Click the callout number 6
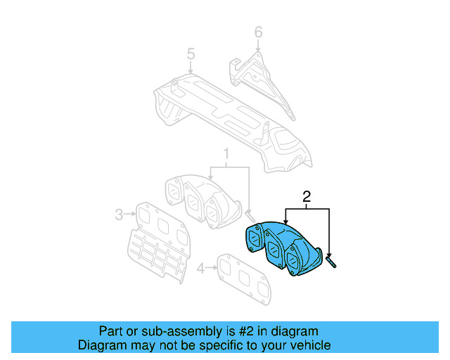pos(258,32)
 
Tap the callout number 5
pos(190,53)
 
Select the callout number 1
pos(226,154)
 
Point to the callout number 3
pos(120,213)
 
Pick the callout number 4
pos(201,268)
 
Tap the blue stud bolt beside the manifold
pos(331,262)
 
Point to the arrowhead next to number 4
pos(214,268)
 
